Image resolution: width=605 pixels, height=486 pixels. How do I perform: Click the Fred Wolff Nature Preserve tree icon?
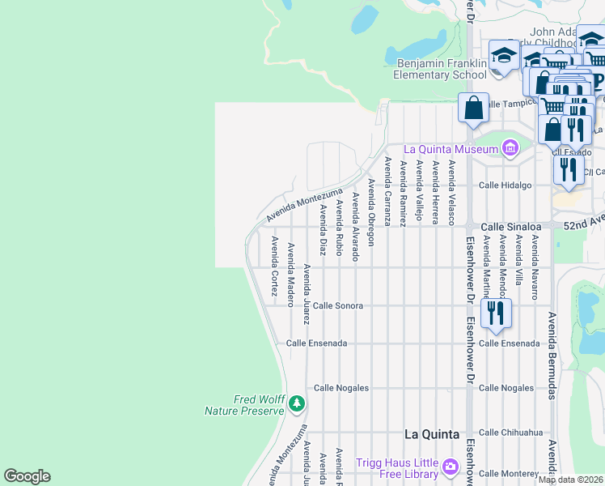click(x=298, y=403)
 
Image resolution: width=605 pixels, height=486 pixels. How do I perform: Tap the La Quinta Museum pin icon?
click(x=510, y=148)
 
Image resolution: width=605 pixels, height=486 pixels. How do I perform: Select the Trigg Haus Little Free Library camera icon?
click(x=451, y=467)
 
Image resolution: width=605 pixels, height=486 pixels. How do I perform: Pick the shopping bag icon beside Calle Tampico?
click(x=473, y=108)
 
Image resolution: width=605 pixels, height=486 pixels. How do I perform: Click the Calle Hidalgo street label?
click(x=506, y=185)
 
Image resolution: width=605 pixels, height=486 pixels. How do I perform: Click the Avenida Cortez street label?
click(x=275, y=266)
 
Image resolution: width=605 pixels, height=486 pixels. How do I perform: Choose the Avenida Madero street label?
click(x=291, y=275)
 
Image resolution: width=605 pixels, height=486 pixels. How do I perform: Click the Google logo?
click(x=27, y=476)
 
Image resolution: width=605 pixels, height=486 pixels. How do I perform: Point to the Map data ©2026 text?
click(x=570, y=480)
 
